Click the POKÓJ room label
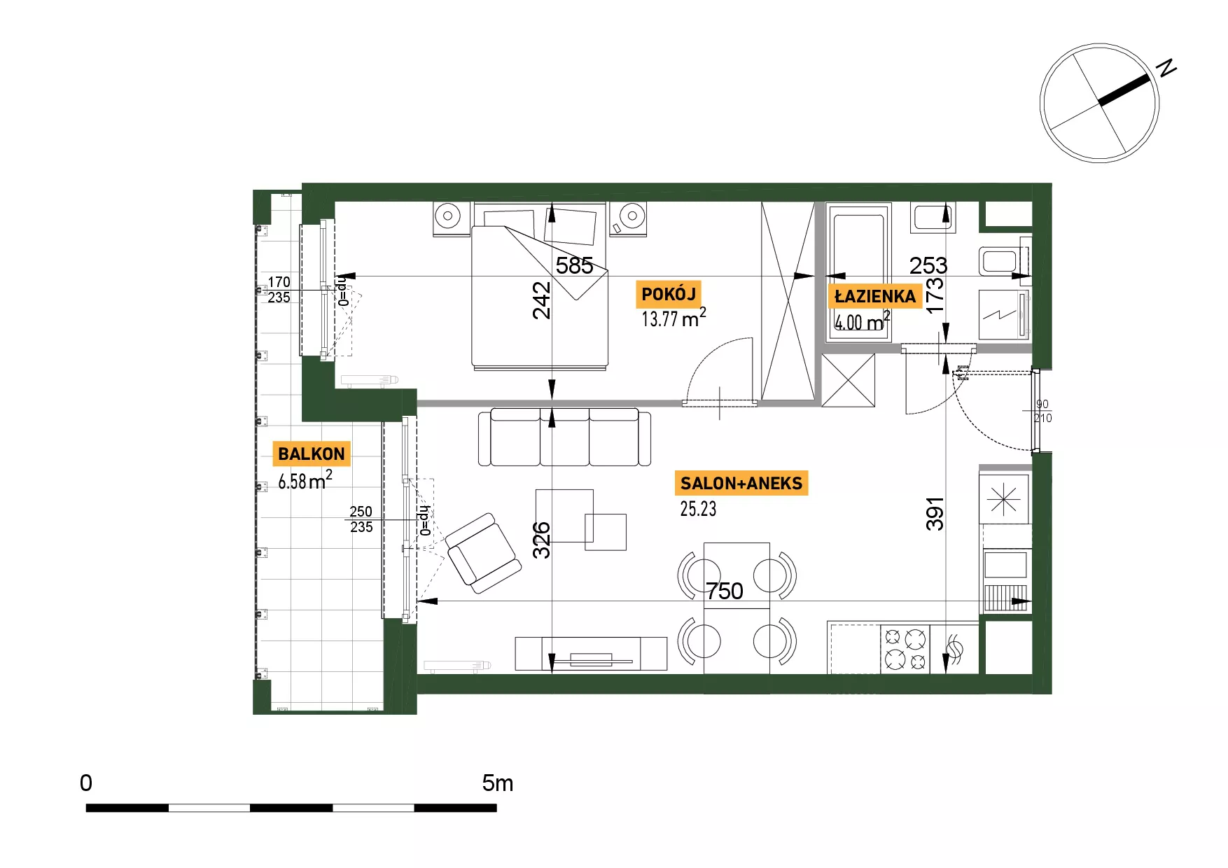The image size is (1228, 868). tap(669, 294)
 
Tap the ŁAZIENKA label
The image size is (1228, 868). tap(875, 296)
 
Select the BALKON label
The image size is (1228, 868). tap(312, 454)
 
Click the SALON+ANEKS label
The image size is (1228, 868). tap(741, 483)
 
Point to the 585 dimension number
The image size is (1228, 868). tap(575, 265)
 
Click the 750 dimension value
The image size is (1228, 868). tap(724, 591)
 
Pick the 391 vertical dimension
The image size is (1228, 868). tap(935, 514)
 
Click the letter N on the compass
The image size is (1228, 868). tap(1166, 67)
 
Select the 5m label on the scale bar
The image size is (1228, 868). tap(497, 783)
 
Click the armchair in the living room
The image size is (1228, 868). tap(483, 553)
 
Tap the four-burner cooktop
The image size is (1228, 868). tap(905, 649)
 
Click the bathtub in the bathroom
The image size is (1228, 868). tap(858, 272)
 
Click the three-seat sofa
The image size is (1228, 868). tap(564, 437)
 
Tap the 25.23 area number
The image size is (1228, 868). tap(698, 509)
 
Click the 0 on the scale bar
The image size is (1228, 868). tap(86, 783)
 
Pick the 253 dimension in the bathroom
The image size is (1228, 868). tap(928, 265)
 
